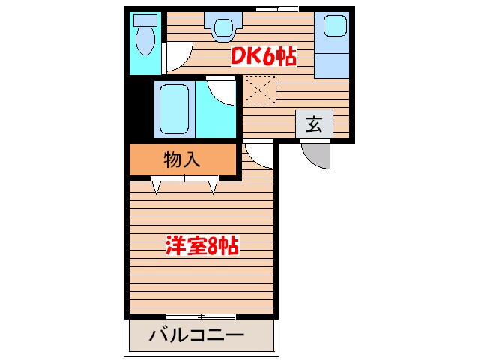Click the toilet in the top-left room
(x=143, y=34)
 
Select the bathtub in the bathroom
(x=174, y=109)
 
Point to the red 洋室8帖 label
(x=202, y=245)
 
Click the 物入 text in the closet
(x=182, y=158)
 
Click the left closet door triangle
(x=157, y=186)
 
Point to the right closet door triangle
(x=213, y=186)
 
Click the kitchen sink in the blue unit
(x=332, y=28)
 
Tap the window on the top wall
(x=276, y=8)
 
